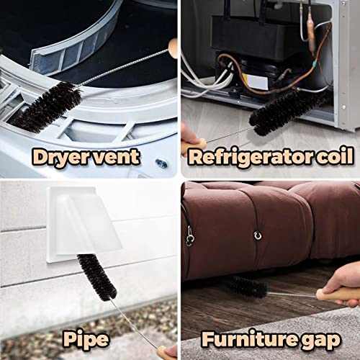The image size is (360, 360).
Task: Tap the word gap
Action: click(325, 338)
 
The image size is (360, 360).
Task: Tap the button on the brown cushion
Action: click(257, 235)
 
